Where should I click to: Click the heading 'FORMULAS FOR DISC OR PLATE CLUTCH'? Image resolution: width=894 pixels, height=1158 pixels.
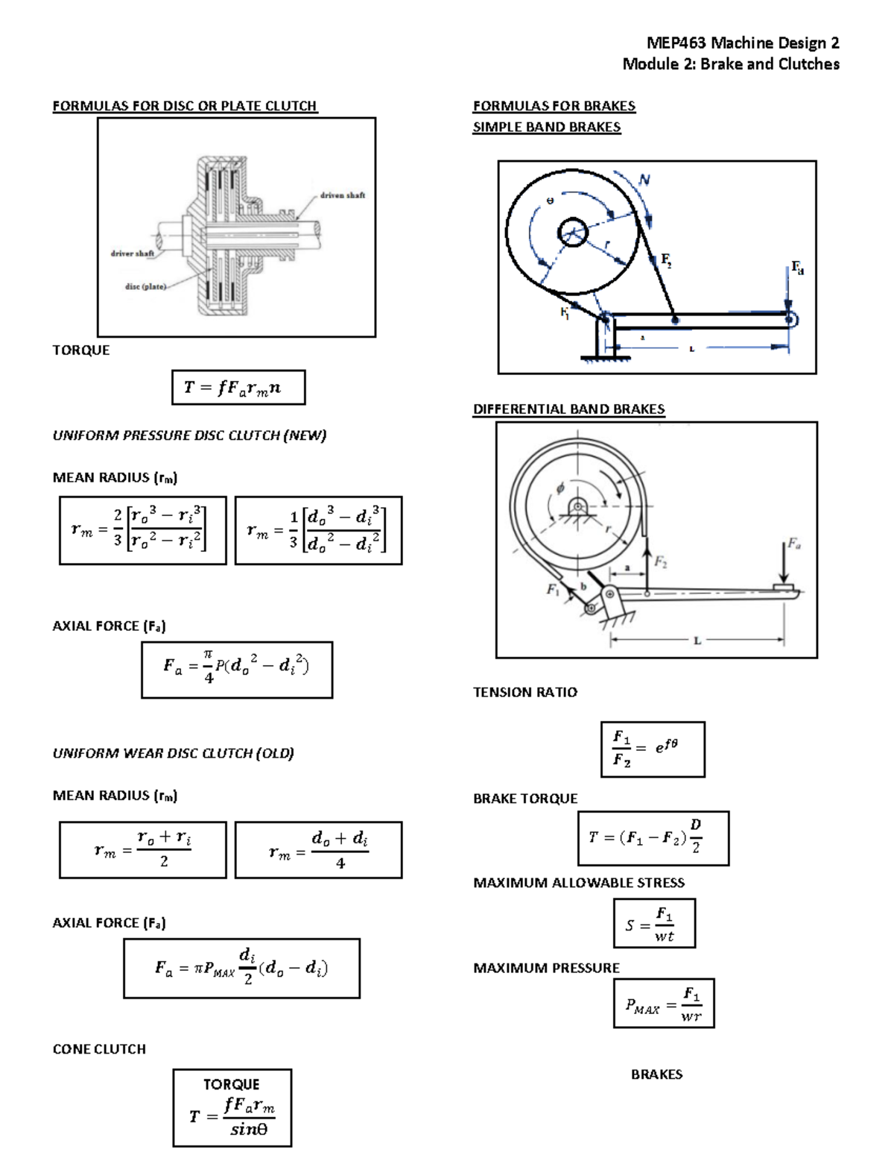[x=185, y=106]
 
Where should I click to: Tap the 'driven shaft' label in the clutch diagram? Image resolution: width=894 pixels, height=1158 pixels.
[x=342, y=195]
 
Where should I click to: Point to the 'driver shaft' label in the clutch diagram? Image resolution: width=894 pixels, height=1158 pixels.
[x=133, y=254]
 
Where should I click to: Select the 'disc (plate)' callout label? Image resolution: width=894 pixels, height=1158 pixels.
[x=145, y=286]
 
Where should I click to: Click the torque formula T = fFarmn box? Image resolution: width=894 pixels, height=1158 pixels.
[x=238, y=388]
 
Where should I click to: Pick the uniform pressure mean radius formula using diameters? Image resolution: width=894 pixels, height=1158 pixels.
[x=318, y=530]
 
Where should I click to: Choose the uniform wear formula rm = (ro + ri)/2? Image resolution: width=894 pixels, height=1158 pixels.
[x=142, y=850]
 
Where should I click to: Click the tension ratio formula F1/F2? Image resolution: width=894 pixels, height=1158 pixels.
[x=652, y=749]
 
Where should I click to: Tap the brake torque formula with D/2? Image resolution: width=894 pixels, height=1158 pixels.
[x=653, y=838]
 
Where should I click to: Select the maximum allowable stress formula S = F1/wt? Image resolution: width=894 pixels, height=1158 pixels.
[x=654, y=923]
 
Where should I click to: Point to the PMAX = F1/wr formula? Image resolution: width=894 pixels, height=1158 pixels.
[x=663, y=1004]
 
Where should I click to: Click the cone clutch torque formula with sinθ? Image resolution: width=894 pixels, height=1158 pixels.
[x=232, y=1108]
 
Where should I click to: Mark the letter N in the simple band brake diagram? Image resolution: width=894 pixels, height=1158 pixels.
[x=644, y=180]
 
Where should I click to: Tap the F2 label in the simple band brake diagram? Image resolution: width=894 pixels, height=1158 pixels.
[x=665, y=260]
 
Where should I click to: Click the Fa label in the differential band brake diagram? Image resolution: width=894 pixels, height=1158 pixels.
[x=794, y=544]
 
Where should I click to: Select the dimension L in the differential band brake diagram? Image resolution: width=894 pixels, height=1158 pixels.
[x=697, y=640]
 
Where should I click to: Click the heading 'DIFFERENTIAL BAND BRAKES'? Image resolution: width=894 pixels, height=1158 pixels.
[x=568, y=409]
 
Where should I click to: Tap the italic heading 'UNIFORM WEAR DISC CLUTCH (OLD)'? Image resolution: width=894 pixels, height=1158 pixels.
[x=173, y=753]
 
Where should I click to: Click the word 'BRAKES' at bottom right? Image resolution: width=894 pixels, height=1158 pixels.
[x=656, y=1074]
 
